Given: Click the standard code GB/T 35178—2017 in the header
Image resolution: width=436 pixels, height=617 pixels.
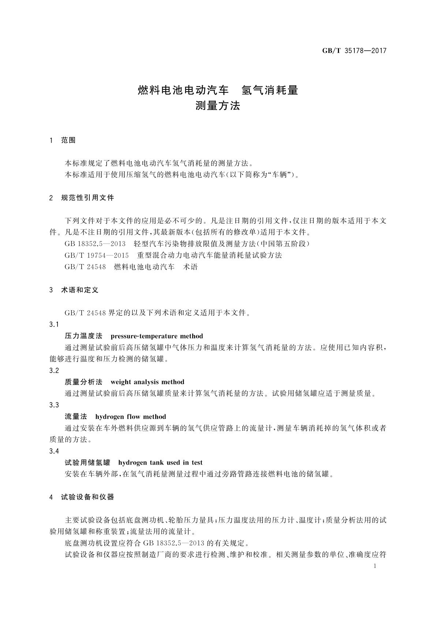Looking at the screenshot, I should [x=354, y=51].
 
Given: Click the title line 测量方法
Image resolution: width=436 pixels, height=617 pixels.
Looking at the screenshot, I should [x=218, y=106].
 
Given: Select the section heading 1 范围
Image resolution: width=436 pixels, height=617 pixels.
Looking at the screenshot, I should [x=63, y=140].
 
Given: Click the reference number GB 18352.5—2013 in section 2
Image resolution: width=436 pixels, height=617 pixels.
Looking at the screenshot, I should [x=95, y=244].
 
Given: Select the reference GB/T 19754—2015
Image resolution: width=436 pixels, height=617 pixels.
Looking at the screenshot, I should [x=97, y=255].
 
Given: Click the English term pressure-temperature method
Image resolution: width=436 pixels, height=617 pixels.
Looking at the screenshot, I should [x=157, y=336].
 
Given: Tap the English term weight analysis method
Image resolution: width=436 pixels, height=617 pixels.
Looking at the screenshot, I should [x=147, y=382].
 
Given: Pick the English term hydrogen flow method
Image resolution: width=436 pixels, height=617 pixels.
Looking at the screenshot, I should [x=130, y=417].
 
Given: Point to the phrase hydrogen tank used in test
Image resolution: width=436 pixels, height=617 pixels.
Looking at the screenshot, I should [x=160, y=463].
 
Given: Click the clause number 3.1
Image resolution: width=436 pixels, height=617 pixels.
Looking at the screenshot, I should [x=54, y=325].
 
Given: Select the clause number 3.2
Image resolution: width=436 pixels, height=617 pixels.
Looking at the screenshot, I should [x=54, y=371].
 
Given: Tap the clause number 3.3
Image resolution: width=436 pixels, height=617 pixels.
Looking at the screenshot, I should [x=54, y=405].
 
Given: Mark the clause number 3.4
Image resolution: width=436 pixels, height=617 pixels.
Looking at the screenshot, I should [x=54, y=451].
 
